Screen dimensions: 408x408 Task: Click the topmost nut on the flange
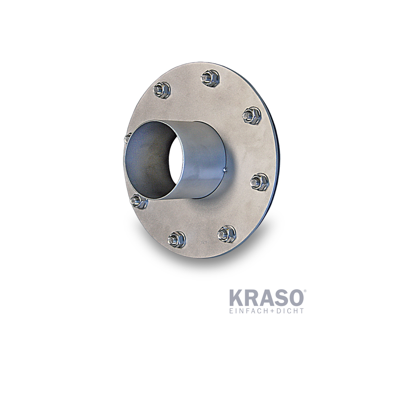point(210,78)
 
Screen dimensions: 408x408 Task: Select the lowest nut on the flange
point(176,239)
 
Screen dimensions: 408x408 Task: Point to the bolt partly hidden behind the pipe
point(127,138)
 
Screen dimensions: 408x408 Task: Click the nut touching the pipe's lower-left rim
point(138,201)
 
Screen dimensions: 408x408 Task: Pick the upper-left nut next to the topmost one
point(162,91)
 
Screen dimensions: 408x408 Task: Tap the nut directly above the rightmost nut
point(251,115)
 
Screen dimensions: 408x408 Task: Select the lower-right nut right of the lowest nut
point(226,233)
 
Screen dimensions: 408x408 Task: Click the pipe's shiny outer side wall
point(204,163)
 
